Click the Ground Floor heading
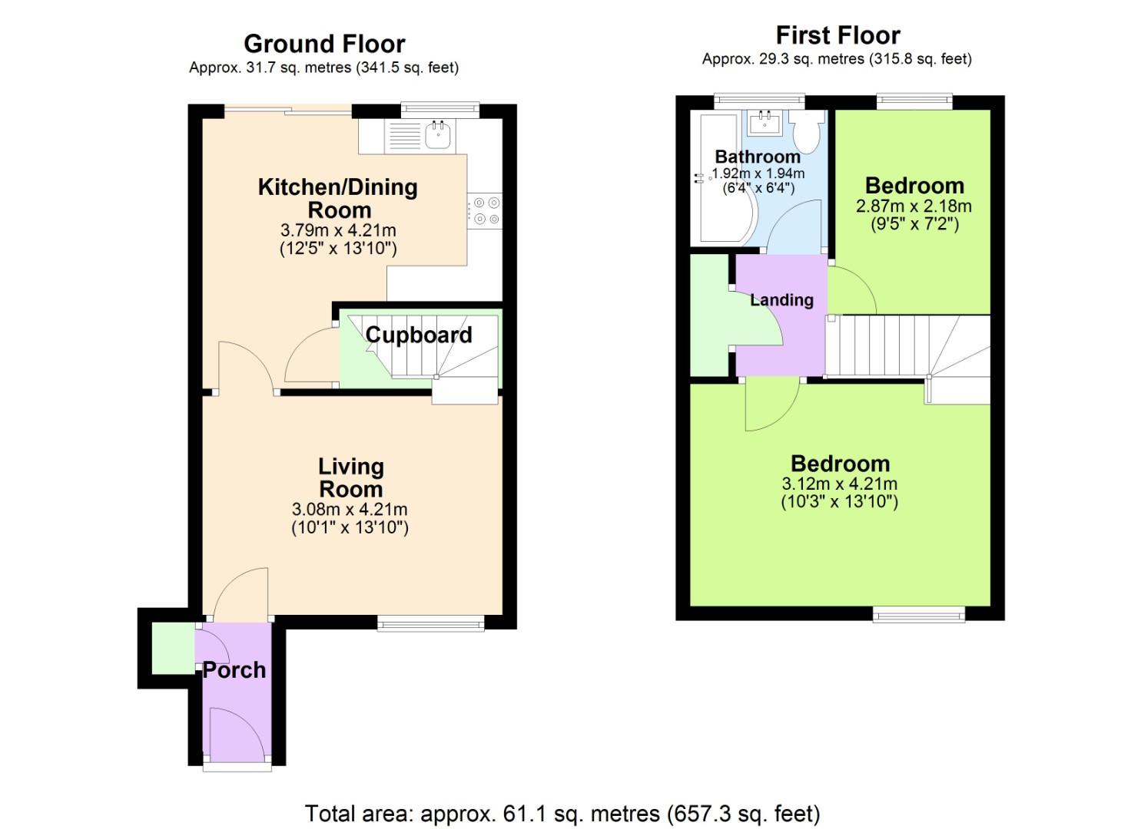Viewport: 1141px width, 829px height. [324, 44]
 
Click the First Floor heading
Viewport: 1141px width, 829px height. [838, 35]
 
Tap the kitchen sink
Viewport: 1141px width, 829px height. [438, 136]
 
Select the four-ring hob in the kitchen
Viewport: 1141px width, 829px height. [485, 211]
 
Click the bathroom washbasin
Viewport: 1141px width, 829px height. [765, 122]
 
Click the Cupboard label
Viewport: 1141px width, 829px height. [419, 335]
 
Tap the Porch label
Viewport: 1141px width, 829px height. [234, 670]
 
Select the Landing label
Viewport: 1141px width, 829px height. [781, 300]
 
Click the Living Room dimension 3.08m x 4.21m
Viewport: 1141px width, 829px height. [350, 509]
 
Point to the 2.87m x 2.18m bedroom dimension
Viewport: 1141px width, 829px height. [914, 206]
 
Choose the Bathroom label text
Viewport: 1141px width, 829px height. [757, 157]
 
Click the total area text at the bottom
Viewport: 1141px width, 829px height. [562, 813]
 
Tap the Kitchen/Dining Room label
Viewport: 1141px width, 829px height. [338, 198]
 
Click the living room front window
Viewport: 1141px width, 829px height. [430, 623]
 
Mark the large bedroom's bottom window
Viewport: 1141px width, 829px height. [919, 613]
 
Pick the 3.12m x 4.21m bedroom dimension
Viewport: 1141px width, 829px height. [839, 484]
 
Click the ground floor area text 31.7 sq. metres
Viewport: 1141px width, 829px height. [323, 68]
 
